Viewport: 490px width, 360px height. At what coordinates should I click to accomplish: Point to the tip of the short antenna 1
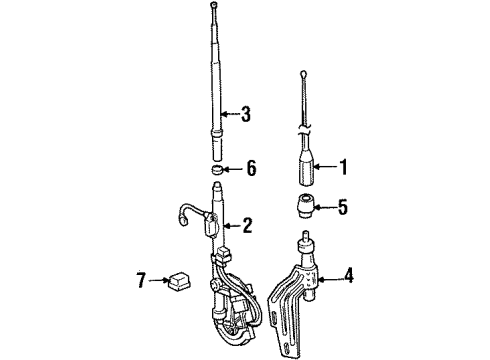click(x=305, y=73)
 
